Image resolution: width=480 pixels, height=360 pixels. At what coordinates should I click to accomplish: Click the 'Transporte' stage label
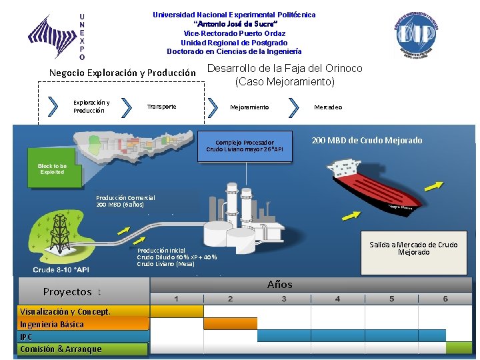tap(162, 107)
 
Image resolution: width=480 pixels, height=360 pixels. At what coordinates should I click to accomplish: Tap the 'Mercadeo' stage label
tap(328, 107)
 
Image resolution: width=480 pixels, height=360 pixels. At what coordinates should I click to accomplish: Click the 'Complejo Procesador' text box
tap(245, 146)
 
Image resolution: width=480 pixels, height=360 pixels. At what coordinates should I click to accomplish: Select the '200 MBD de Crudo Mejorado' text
tap(367, 141)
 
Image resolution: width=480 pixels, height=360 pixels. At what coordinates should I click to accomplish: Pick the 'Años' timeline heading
tap(279, 285)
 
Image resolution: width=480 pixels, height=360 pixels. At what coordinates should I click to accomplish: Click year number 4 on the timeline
tap(337, 299)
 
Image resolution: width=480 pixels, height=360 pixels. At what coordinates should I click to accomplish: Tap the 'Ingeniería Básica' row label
tap(52, 325)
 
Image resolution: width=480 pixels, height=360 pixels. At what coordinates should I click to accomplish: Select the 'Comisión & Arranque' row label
tap(61, 349)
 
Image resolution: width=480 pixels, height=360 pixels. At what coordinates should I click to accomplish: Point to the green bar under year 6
tap(459, 347)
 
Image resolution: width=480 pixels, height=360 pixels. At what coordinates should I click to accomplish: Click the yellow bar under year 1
tap(177, 311)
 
